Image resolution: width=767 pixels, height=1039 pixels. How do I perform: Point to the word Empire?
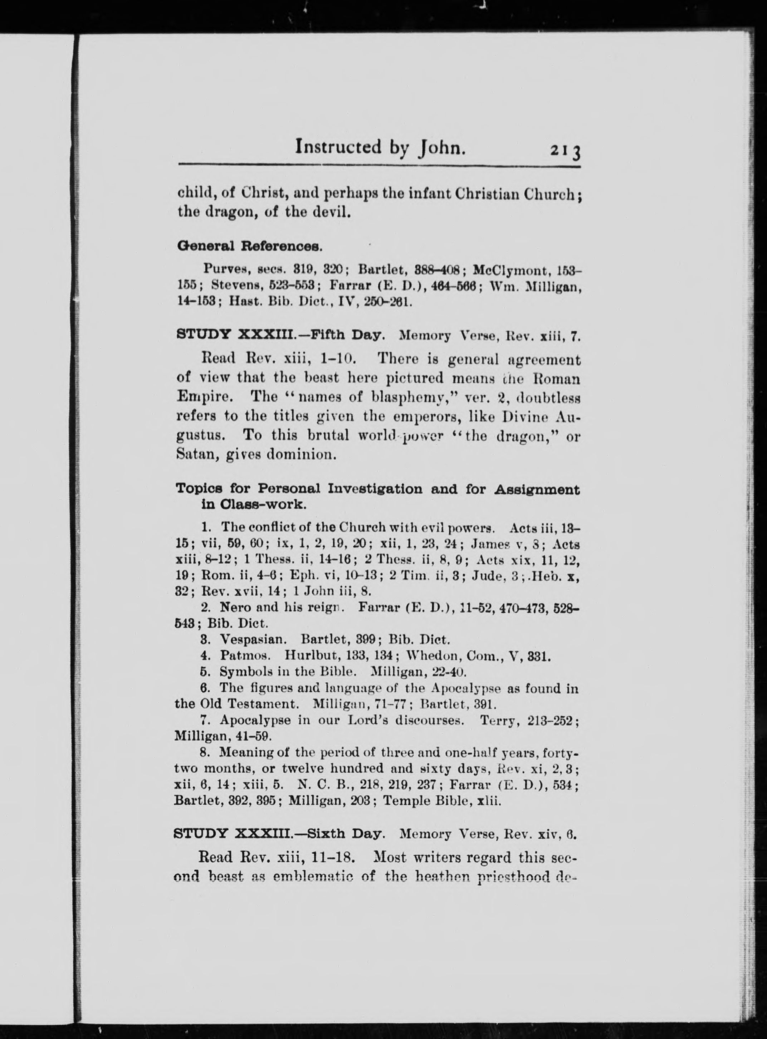pos(207,397)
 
